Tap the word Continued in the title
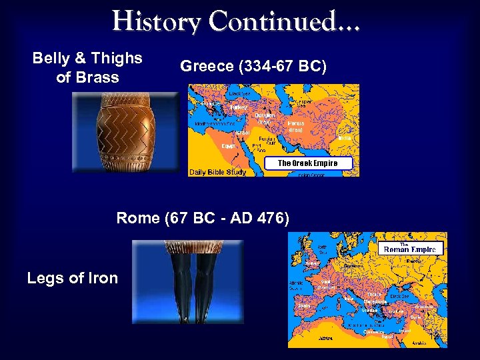[283, 21]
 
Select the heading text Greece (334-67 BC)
[253, 67]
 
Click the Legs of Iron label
[72, 278]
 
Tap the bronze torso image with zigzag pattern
[125, 131]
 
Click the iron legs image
[187, 281]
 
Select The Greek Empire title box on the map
[307, 163]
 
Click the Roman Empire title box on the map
[409, 249]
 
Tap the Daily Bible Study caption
[217, 172]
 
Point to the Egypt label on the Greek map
[229, 145]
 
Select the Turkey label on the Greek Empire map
[237, 107]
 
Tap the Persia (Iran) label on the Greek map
[297, 126]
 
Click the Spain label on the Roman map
[304, 305]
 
